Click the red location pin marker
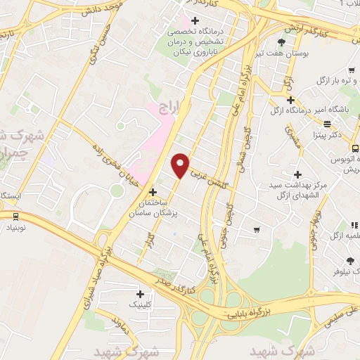[181, 165]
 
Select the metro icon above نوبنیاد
[15, 216]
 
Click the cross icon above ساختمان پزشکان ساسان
[153, 192]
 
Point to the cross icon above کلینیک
[141, 294]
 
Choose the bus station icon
[354, 148]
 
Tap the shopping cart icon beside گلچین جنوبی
[258, 229]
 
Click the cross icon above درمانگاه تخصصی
[195, 20]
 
